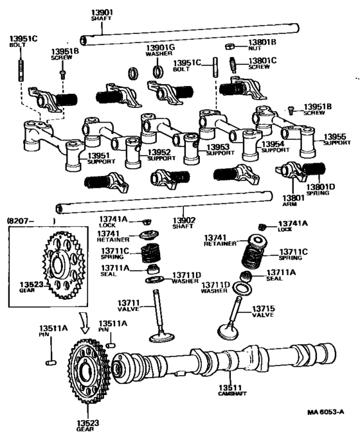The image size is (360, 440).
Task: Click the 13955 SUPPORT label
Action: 335,139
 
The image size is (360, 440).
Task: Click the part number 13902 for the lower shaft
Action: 184,224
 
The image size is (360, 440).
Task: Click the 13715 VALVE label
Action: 263,312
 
